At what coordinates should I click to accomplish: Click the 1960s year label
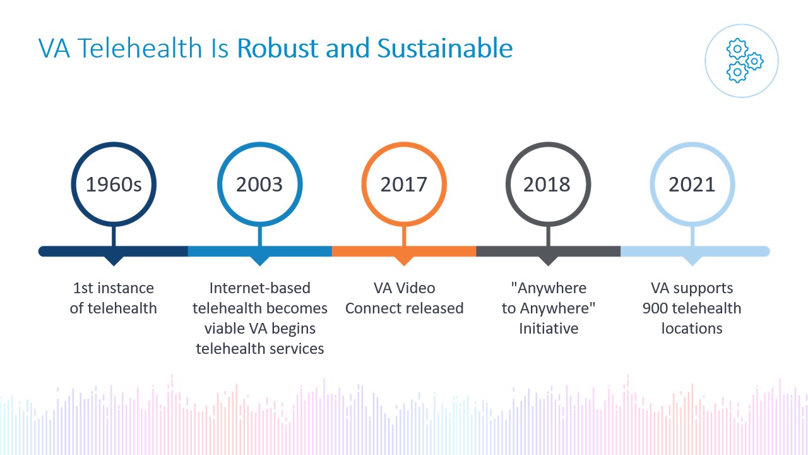pos(114,185)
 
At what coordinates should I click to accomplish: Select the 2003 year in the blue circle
pos(259,185)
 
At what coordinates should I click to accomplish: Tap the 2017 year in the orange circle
pos(403,185)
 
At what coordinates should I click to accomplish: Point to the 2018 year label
pos(547,185)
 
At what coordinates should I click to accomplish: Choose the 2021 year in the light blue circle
pos(692,185)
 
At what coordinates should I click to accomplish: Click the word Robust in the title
pos(278,48)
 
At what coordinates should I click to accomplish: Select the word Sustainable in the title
pos(445,48)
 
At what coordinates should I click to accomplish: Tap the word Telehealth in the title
pos(140,48)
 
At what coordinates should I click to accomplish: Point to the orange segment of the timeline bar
pos(404,252)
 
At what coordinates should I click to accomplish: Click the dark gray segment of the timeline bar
pos(549,252)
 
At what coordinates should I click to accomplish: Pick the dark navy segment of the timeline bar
pos(113,252)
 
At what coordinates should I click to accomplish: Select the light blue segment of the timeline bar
pos(695,252)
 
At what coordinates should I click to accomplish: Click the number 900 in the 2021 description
pos(655,308)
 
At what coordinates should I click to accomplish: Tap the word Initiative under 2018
pos(549,329)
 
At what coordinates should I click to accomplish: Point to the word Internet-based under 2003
pos(259,288)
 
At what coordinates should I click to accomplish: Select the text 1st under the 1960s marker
pos(83,288)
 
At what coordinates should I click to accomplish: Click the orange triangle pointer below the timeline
pos(404,261)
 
